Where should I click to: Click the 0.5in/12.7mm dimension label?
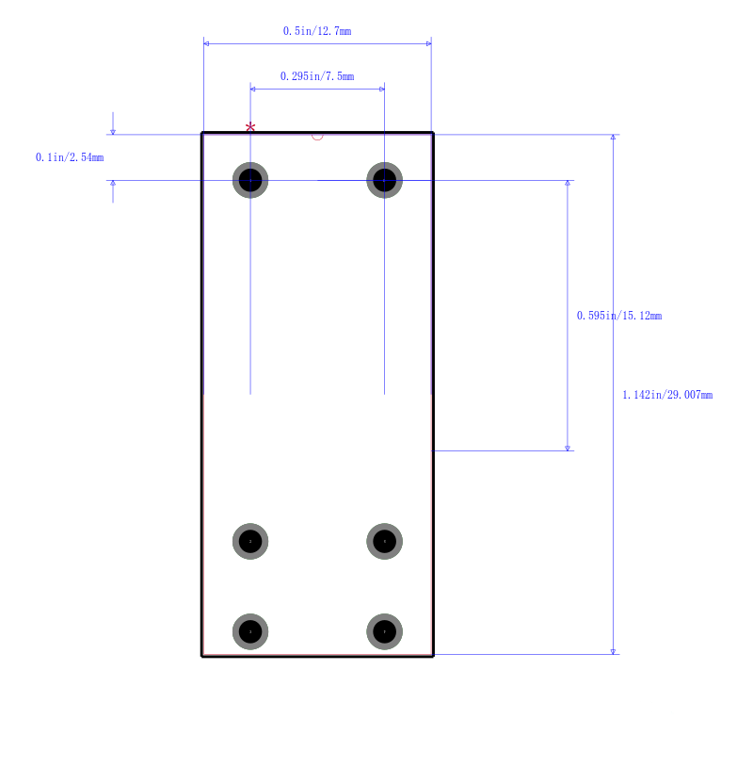pyautogui.click(x=317, y=31)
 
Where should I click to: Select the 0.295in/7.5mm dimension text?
pyautogui.click(x=317, y=76)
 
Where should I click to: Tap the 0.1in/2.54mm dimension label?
pyautogui.click(x=70, y=157)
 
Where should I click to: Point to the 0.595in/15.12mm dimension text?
pyautogui.click(x=619, y=316)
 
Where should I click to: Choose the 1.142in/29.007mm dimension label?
pyautogui.click(x=667, y=395)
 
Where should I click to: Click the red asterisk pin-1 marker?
pyautogui.click(x=250, y=128)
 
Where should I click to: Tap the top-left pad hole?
pyautogui.click(x=250, y=180)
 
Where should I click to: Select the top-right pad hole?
pyautogui.click(x=385, y=180)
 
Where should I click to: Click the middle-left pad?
pyautogui.click(x=250, y=541)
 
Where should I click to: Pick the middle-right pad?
pyautogui.click(x=385, y=541)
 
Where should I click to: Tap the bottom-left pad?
pyautogui.click(x=250, y=631)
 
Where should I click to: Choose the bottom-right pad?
pyautogui.click(x=385, y=631)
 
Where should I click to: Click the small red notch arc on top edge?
pyautogui.click(x=317, y=139)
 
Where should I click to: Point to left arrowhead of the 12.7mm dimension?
pyautogui.click(x=206, y=43)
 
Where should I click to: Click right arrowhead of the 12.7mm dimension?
pyautogui.click(x=428, y=43)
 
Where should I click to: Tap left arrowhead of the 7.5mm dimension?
pyautogui.click(x=253, y=90)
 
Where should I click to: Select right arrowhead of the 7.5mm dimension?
pyautogui.click(x=382, y=90)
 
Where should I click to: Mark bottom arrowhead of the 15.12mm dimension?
pyautogui.click(x=568, y=449)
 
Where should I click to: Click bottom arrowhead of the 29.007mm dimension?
pyautogui.click(x=613, y=651)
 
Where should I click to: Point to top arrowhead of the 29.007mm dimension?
pyautogui.click(x=613, y=138)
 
